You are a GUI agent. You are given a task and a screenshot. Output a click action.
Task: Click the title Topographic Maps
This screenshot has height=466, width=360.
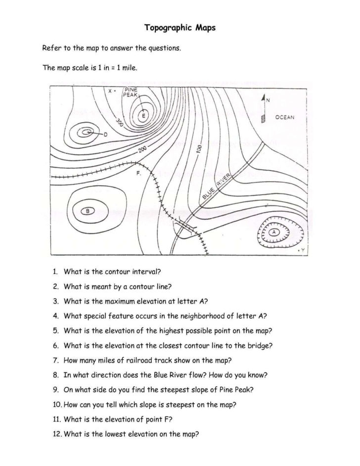tap(180, 28)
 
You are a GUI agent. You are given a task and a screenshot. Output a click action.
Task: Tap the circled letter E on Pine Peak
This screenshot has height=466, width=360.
tap(144, 116)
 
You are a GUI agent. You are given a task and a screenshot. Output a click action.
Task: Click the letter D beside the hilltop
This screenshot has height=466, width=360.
tap(105, 134)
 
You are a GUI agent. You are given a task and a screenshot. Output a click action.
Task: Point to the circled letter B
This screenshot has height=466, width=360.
tap(88, 212)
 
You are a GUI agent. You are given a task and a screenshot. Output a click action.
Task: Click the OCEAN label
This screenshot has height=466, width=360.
tap(284, 117)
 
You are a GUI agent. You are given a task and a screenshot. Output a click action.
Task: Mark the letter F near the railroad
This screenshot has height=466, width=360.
tap(139, 174)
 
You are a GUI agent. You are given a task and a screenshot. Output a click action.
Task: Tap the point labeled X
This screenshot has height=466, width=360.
tap(111, 91)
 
